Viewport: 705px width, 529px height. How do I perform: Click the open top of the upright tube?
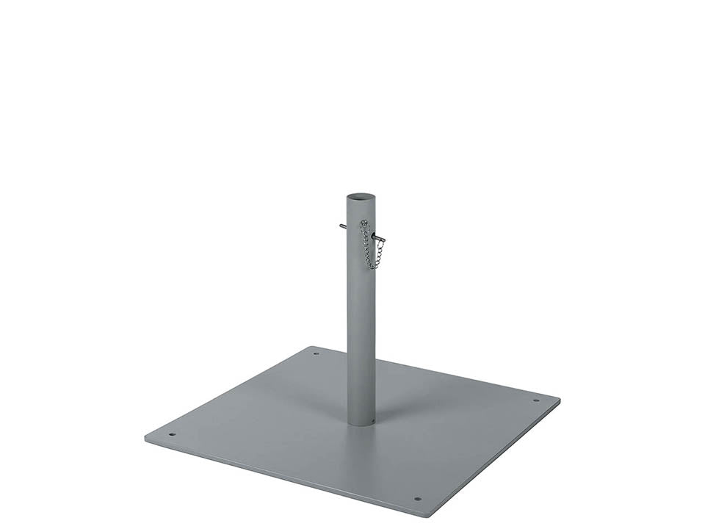pos(361,198)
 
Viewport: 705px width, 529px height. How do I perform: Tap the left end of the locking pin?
pos(341,226)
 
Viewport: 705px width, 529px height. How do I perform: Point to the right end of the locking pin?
pos(383,240)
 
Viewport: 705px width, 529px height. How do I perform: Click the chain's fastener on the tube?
pos(363,223)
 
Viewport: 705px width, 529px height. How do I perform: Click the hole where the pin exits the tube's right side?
pos(373,234)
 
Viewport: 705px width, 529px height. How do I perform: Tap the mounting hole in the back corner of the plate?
pos(317,353)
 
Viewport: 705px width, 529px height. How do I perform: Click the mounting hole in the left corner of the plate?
pos(172,433)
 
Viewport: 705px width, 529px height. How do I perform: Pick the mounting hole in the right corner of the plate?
pos(535,400)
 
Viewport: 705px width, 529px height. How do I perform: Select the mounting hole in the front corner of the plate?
pos(418,499)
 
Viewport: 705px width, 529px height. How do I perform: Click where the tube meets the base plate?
pos(361,424)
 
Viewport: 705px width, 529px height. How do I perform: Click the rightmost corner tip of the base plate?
pos(560,400)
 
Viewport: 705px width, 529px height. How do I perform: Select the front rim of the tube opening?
pos(361,204)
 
